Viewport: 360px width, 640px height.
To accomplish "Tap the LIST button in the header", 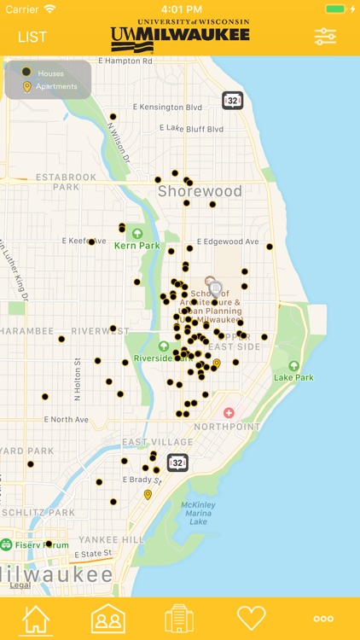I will [32, 37].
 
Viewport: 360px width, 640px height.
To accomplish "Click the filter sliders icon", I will [325, 36].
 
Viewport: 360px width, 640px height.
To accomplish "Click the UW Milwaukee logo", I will [180, 35].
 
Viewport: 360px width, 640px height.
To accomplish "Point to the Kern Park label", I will [136, 246].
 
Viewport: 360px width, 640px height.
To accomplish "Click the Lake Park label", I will [293, 376].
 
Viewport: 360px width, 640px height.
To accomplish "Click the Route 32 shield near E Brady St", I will [177, 463].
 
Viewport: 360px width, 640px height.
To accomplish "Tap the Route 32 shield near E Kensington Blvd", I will [232, 100].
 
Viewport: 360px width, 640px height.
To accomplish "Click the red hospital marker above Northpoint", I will [229, 413].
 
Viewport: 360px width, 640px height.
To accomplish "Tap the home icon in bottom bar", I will [36, 618].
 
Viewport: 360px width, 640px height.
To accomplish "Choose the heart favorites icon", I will [252, 618].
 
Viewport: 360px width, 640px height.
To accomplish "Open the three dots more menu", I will [323, 619].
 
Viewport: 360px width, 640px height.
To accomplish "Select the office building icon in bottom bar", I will [180, 618].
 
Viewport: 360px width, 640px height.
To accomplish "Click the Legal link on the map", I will [20, 585].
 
